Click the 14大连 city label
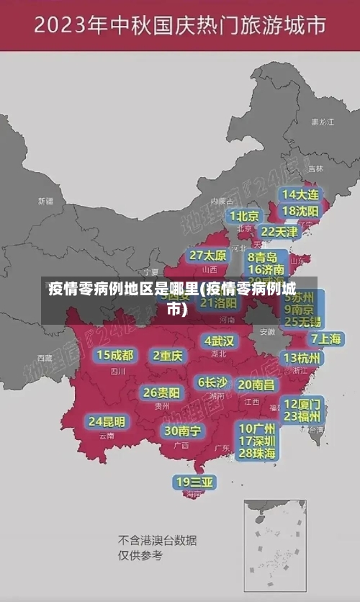[301, 194]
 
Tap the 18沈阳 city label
[301, 211]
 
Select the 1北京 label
[244, 215]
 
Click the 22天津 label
[279, 231]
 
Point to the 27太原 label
[208, 255]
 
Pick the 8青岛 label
[263, 256]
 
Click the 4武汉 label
[219, 340]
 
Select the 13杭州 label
[303, 358]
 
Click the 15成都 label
[115, 355]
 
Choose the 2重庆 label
[168, 356]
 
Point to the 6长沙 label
[212, 382]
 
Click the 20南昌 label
[256, 385]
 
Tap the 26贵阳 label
[161, 392]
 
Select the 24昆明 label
[107, 421]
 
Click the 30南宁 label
[183, 431]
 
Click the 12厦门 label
[302, 403]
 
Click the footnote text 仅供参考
[140, 555]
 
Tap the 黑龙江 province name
[322, 122]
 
